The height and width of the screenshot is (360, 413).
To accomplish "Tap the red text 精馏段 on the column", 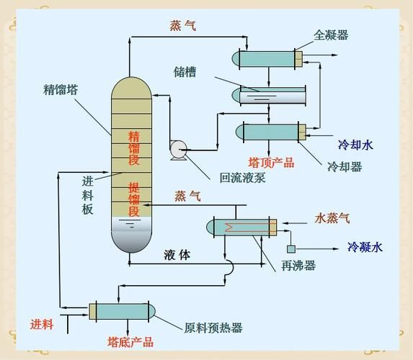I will pos(133,148).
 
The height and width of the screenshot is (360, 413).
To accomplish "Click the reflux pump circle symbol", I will pos(177,148).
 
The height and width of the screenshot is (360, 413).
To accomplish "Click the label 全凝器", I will pos(331,35).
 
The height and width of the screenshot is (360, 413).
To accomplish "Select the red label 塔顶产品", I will pos(272,162).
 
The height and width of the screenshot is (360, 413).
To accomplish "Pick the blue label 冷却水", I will pos(355,145).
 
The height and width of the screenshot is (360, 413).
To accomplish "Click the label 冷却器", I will pos(344,167).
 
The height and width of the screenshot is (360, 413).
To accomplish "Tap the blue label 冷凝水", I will pos(365,247).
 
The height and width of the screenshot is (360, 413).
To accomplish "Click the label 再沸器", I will pos(298,266).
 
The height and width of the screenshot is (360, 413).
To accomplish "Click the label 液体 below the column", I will pos(177,254).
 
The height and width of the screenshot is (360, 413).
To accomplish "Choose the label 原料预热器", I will pos(213,328).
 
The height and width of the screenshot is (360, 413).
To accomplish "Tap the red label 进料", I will pos(42,325).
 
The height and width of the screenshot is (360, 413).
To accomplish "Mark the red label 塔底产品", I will pos(130,341).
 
